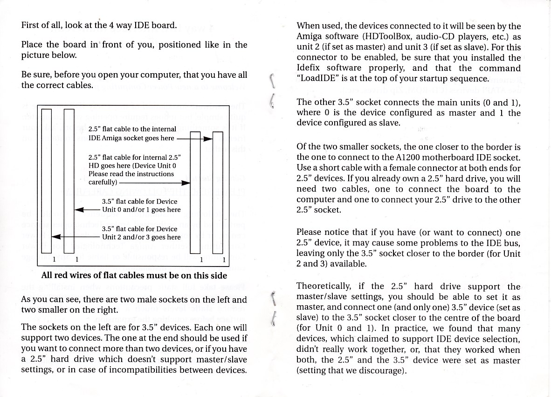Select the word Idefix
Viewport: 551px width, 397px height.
(x=310, y=68)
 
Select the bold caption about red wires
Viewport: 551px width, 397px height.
(x=134, y=275)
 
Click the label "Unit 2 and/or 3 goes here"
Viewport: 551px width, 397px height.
(x=141, y=237)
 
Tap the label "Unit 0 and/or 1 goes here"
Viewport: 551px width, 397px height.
(x=141, y=210)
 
